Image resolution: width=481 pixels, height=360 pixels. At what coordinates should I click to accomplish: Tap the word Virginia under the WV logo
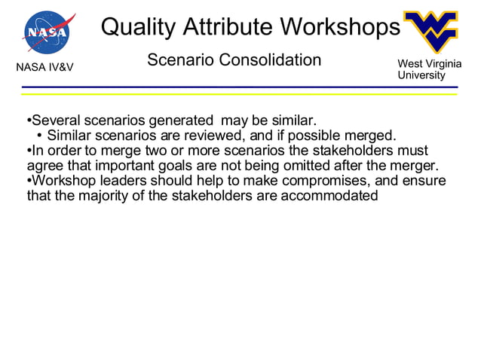pos(443,66)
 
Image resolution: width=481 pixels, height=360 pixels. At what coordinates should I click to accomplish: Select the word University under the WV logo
pos(421,75)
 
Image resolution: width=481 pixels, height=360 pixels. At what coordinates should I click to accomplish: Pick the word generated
pos(182,121)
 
